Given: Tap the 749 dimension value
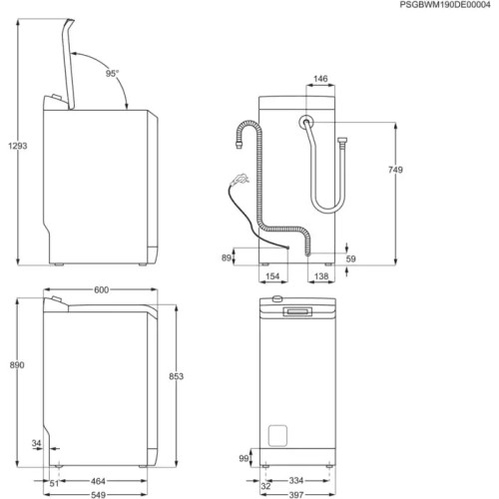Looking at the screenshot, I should point(395,172).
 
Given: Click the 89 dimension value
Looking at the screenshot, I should point(227,258).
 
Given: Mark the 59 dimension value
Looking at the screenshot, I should point(350,258).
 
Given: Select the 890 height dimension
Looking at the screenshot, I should point(14,366).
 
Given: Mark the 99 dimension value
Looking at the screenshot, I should point(243,458).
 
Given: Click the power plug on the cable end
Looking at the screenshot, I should point(240,181).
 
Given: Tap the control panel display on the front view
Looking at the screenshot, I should point(299,313).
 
